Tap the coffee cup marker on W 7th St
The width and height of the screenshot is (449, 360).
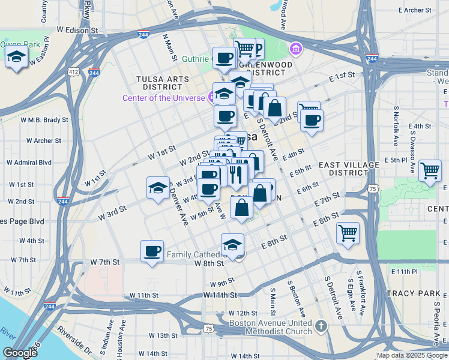tap(152, 250)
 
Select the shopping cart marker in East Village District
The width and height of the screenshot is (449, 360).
tap(430, 170)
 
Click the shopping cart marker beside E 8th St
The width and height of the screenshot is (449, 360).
tap(348, 232)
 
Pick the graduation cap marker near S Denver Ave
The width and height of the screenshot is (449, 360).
tap(158, 187)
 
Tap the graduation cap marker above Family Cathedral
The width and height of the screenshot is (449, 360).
tap(233, 244)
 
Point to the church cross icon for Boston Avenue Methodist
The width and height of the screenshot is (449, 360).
tap(321, 326)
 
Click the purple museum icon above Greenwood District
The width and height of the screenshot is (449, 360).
tap(295, 48)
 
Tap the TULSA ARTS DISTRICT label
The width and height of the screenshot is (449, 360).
tap(163, 83)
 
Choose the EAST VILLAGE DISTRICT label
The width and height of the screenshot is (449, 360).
tap(349, 169)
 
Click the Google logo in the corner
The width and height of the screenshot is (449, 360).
tap(20, 353)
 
